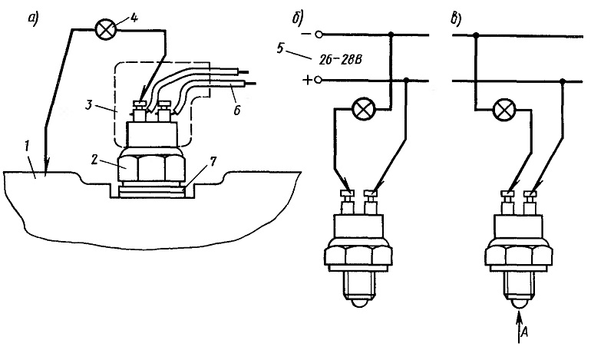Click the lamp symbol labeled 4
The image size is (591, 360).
tap(106, 29)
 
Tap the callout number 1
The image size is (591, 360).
tap(27, 147)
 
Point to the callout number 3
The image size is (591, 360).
tap(88, 104)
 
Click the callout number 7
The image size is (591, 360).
tap(213, 163)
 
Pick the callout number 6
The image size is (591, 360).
tap(236, 110)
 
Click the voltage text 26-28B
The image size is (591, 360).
tap(340, 60)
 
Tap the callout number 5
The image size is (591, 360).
tap(280, 48)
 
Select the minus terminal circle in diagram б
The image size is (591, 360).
tap(319, 35)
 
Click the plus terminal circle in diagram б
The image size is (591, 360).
tap(319, 81)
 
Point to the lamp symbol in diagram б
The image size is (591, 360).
tap(362, 109)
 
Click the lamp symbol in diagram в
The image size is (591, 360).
tap(504, 110)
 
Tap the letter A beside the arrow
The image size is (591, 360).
tap(524, 332)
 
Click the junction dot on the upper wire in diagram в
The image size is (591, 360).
tap(476, 35)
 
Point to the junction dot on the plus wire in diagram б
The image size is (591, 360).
tap(406, 80)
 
